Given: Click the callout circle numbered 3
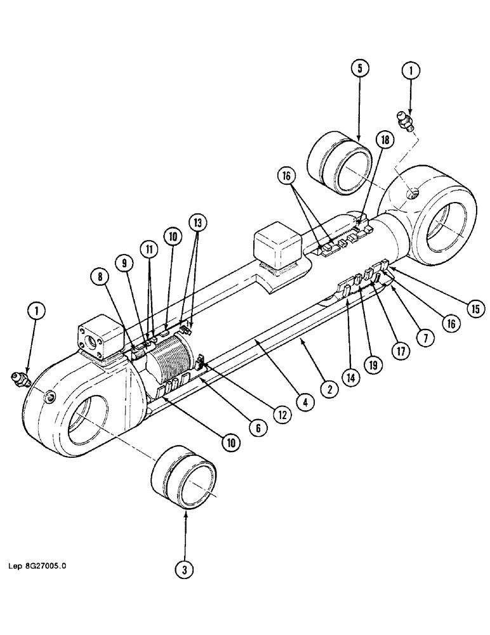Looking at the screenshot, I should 185,570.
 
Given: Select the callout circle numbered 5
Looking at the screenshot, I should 359,68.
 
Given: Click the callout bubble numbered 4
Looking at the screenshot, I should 306,402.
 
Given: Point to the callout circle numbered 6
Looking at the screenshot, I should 257,429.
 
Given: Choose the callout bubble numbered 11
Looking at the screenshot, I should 149,251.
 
